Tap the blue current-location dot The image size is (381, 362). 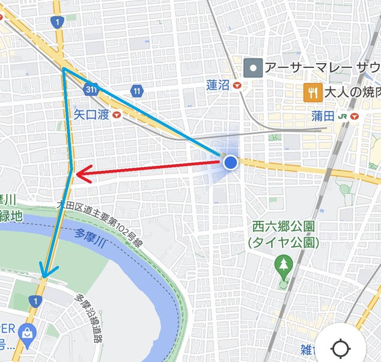231,162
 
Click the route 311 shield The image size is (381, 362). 91,88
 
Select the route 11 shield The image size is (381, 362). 138,91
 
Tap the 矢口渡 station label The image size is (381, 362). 91,114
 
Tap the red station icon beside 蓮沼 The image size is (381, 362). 238,86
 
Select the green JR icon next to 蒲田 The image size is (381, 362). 343,115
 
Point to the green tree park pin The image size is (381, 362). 283,263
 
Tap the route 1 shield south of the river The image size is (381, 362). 37,300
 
